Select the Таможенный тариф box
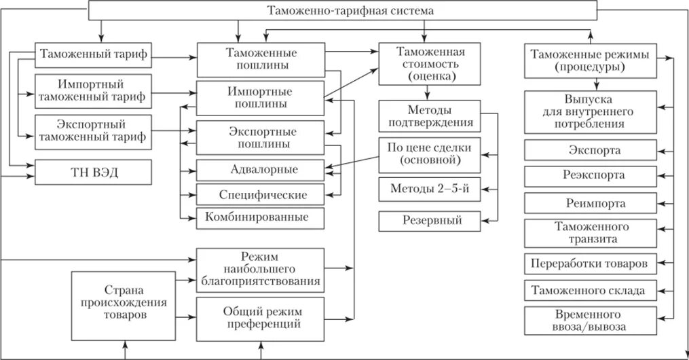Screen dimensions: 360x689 coord(92,54)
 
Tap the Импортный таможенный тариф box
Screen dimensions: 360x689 coord(92,90)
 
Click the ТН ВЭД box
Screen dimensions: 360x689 coord(92,173)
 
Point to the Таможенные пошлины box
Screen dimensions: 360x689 coord(261,59)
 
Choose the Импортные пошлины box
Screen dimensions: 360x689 coord(261,97)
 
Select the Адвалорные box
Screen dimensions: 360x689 coord(261,168)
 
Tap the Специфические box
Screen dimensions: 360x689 coord(261,194)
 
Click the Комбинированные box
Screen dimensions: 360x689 coord(261,218)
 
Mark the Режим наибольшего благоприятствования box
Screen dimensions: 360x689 coord(261,268)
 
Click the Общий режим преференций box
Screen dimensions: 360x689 coord(261,317)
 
